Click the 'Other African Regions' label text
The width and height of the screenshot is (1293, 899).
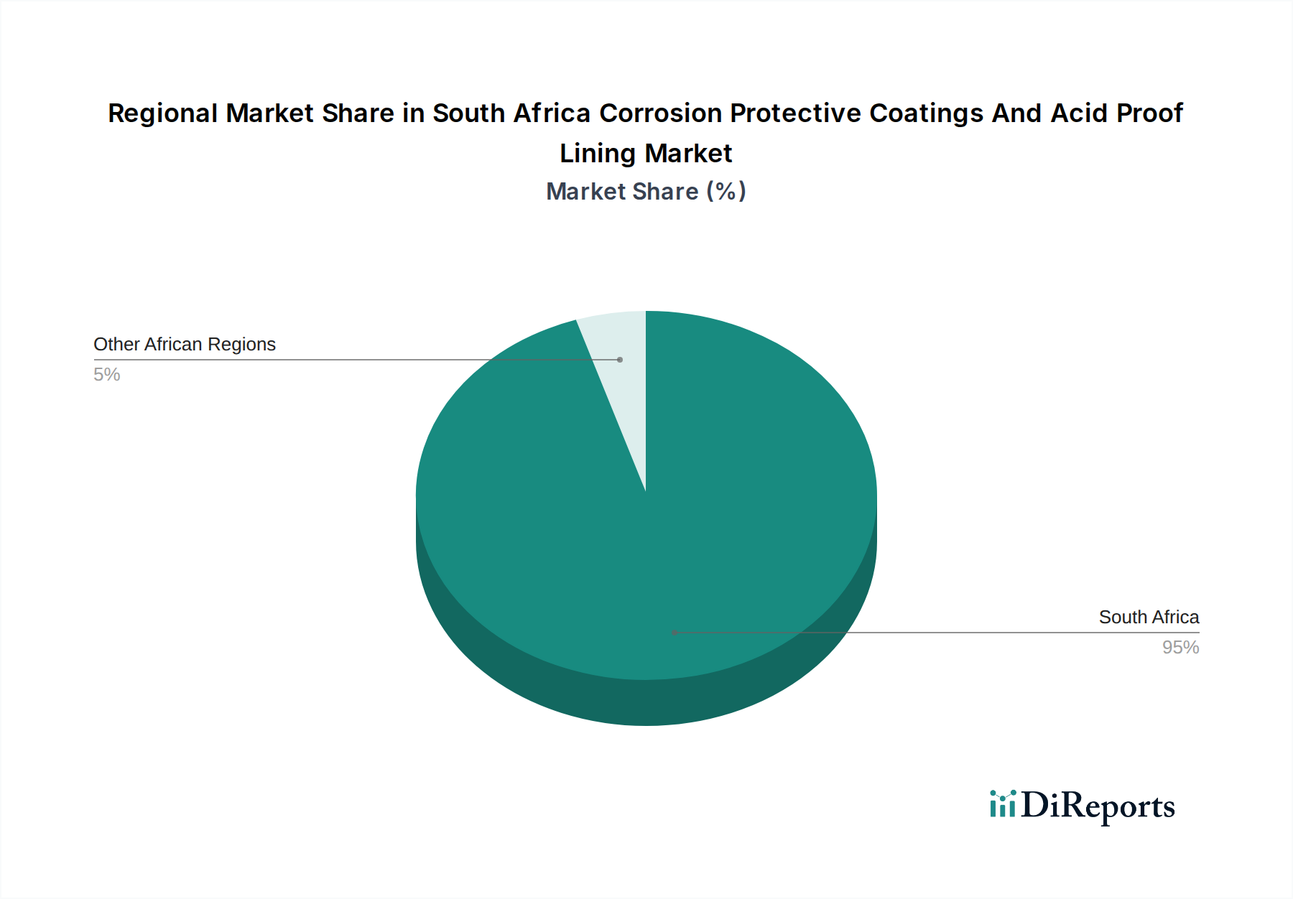point(185,345)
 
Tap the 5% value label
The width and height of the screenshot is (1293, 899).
point(107,375)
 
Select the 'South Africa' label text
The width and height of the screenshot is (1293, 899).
point(1149,618)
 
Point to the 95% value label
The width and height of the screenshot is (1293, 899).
point(1180,648)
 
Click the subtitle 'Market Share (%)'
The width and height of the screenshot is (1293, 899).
point(646,192)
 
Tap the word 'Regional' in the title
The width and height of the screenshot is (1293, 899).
point(162,113)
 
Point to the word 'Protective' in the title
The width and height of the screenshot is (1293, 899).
point(796,113)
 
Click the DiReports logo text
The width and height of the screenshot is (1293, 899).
point(1098,806)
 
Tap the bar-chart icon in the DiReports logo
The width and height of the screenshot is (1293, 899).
point(1002,804)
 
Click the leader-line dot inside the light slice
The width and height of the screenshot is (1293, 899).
point(620,360)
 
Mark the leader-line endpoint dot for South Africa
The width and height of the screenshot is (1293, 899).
point(675,633)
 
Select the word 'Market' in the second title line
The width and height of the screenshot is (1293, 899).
point(688,154)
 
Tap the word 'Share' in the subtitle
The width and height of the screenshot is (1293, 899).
point(665,192)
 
